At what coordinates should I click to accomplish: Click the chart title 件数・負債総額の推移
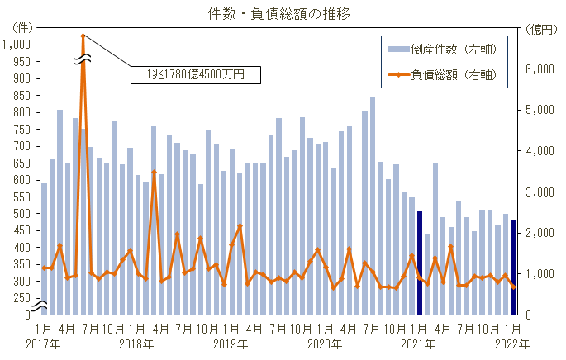click(283, 14)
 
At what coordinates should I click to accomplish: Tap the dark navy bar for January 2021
click(420, 263)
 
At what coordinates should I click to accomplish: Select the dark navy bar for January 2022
click(513, 267)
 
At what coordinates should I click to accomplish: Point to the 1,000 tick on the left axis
click(18, 45)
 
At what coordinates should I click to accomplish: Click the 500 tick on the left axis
click(22, 214)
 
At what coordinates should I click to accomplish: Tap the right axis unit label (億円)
click(540, 29)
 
